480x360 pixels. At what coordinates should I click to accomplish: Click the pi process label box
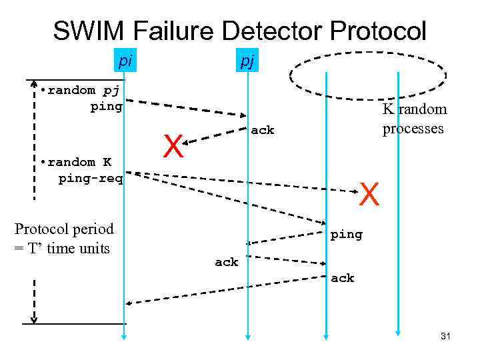coord(123,61)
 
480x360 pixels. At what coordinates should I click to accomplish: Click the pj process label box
coord(247,62)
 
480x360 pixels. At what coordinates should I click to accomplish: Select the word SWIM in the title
coord(90,31)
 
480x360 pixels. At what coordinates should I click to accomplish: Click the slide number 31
coord(445,337)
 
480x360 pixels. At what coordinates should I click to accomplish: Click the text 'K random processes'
coord(413,119)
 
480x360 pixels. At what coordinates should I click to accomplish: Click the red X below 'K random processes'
coord(370,195)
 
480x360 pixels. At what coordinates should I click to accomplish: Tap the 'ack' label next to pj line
coord(263,131)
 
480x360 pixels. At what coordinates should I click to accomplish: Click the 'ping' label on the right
coord(347,235)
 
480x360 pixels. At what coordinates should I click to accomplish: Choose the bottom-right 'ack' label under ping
coord(343,278)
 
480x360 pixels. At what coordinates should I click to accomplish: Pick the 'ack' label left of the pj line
coord(226,263)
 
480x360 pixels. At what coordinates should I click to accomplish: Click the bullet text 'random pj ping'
coord(81,98)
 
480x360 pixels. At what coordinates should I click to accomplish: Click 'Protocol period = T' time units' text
coord(64,239)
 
